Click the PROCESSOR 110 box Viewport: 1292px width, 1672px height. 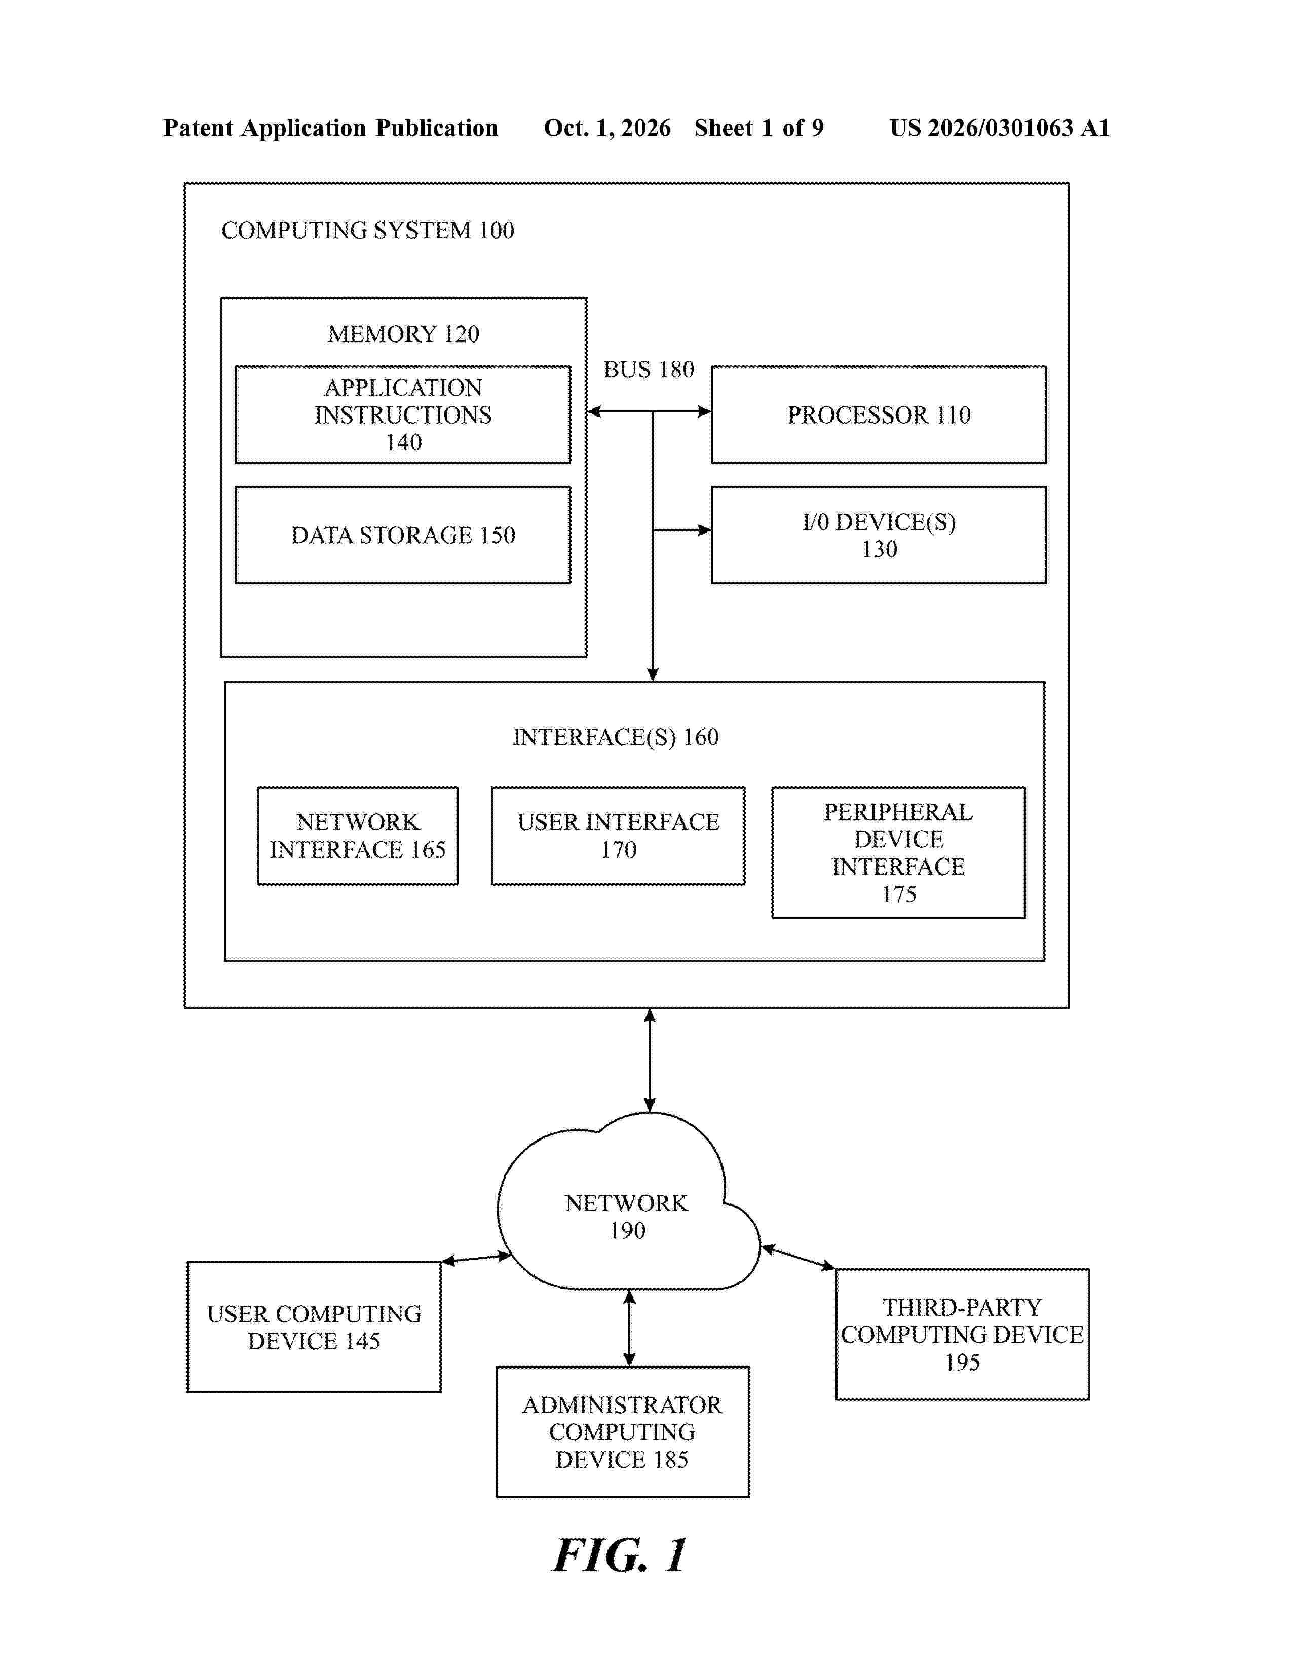[879, 414]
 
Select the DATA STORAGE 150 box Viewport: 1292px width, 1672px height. [403, 535]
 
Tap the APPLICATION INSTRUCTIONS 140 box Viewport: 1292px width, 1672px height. [403, 414]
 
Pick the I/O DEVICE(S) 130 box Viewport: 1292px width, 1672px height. [879, 535]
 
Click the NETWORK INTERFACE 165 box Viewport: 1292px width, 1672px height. [357, 835]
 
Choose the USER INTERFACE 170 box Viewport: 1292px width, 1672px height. [618, 835]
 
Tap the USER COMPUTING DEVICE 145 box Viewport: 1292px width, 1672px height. [314, 1327]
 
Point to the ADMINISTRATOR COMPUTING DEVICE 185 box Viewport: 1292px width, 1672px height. [622, 1432]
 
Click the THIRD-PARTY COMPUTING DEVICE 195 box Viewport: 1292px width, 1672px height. [962, 1335]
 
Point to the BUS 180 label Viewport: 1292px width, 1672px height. [649, 370]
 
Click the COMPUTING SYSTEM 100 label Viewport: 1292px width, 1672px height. [367, 231]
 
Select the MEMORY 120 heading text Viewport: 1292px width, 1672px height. [403, 334]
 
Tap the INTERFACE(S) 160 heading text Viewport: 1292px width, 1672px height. [616, 737]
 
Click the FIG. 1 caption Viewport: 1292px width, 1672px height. [620, 1555]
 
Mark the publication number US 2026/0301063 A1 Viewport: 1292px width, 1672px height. [1000, 128]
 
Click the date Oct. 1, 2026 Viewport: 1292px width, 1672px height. [607, 128]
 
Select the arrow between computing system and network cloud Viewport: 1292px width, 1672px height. [650, 1060]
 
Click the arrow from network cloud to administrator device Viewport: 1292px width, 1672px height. [629, 1328]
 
